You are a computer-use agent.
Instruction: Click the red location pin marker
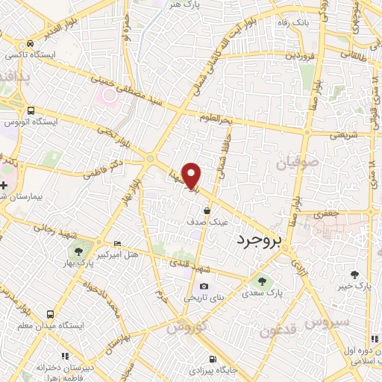(x=192, y=175)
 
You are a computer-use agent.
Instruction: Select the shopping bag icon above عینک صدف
(x=206, y=211)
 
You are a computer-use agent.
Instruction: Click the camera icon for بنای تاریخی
(x=204, y=286)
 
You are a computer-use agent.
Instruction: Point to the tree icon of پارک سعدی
(x=262, y=281)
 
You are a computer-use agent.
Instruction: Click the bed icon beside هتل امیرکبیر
(x=116, y=244)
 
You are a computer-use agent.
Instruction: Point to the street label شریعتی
(x=344, y=135)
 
